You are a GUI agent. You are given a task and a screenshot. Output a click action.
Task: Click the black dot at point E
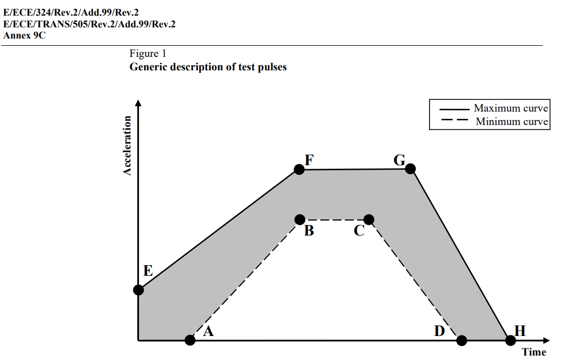coord(138,290)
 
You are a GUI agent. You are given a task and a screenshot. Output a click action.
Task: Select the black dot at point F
coord(299,170)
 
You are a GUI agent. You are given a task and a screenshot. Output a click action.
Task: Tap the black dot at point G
coord(410,169)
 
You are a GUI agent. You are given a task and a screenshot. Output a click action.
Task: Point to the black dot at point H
coord(510,340)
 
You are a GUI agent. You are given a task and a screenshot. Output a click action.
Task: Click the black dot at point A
coord(190,340)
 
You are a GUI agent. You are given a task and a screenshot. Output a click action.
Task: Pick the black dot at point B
coord(300,219)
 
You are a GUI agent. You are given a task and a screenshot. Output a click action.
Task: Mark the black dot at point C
coord(369,219)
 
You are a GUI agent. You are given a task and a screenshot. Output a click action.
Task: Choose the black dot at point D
coord(461,340)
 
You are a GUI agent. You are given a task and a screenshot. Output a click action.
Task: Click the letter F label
coord(309,160)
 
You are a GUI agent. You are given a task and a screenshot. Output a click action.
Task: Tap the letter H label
coord(520,331)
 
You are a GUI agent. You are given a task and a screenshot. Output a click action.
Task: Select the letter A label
coord(209,332)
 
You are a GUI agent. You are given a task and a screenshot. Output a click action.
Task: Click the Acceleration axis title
coord(128,146)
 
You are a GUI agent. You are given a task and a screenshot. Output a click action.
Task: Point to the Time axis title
coord(534,352)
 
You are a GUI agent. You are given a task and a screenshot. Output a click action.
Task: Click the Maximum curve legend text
coord(511,108)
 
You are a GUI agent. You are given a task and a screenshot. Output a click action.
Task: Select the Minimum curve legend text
coord(512,122)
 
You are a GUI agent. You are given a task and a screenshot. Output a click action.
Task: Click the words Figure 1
coord(148,54)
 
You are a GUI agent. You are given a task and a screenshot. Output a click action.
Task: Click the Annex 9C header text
coord(25,35)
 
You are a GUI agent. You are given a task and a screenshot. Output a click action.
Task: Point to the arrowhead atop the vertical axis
coord(138,102)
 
